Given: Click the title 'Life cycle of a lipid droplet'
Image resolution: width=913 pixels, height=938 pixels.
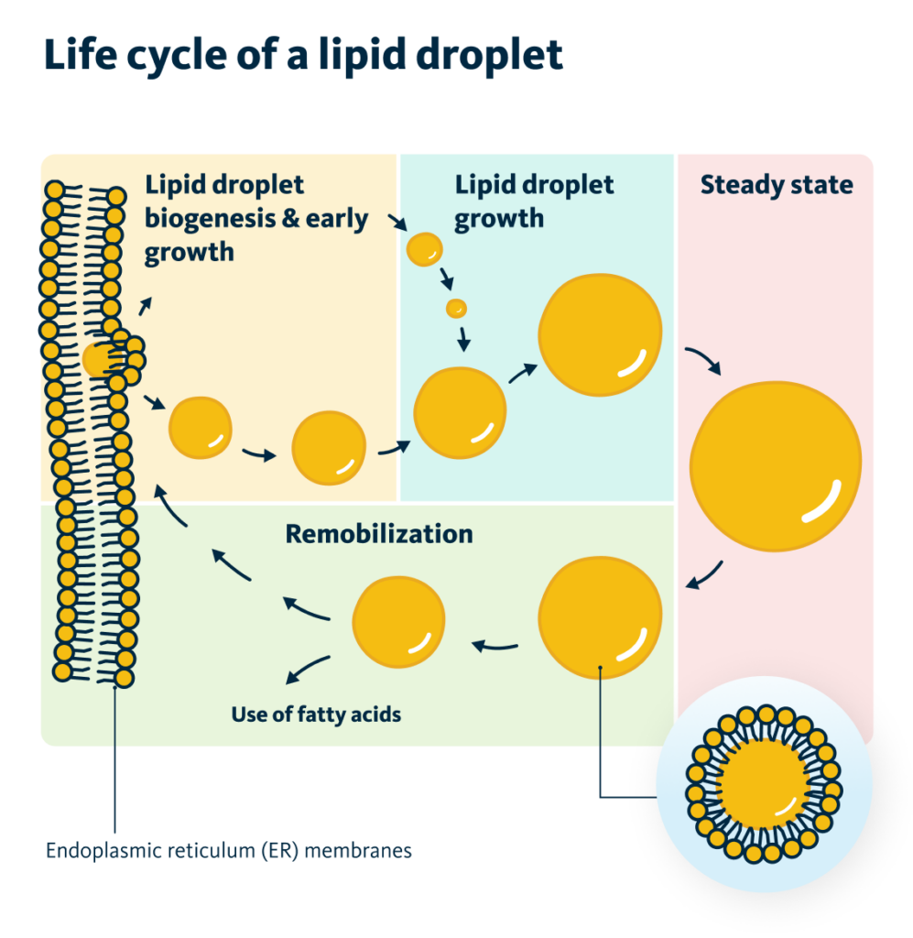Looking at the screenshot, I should point(302,56).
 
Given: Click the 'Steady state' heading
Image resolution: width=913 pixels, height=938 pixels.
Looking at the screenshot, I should point(776,185).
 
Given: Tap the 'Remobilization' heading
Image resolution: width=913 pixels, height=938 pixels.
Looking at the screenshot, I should point(379,533).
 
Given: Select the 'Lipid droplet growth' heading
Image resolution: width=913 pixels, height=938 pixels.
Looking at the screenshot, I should point(534,202).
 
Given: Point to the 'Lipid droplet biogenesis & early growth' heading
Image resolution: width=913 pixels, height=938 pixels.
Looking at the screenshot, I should point(255,218).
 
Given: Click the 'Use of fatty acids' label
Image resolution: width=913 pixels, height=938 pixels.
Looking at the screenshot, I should point(316,713).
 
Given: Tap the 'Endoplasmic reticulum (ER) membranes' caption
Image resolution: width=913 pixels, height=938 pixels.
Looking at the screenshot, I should point(229,850).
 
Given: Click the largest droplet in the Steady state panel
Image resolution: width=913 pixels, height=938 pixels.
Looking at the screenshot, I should point(775,465).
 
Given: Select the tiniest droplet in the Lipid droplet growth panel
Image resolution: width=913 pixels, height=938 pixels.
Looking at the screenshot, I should point(456,308).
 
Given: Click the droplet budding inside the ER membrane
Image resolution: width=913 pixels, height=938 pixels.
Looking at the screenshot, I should point(99,359).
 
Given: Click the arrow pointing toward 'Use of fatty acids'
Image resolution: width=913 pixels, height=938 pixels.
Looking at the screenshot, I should point(307,671).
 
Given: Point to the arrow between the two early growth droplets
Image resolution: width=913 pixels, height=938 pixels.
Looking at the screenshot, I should point(260,453).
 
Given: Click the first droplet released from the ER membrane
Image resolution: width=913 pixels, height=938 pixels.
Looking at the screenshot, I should point(200,427).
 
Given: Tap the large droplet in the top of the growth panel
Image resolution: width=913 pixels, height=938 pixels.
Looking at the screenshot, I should point(600,334).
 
